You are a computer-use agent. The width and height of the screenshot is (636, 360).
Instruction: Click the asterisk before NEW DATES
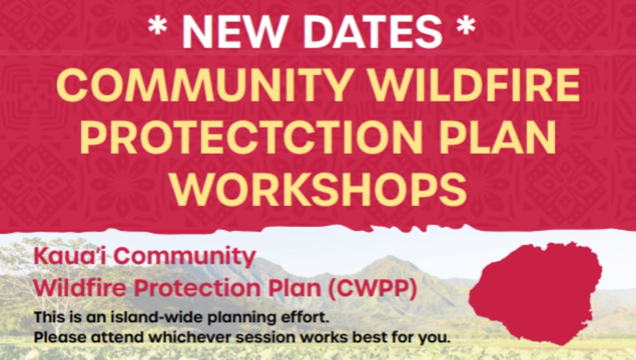tap(157, 25)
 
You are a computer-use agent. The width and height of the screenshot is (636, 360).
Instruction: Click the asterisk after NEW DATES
tap(466, 25)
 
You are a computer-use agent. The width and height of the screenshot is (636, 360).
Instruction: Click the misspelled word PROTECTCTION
tap(252, 137)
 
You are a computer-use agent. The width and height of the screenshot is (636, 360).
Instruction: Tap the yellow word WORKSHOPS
tap(319, 189)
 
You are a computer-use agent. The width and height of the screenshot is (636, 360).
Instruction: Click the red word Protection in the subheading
tap(197, 288)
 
